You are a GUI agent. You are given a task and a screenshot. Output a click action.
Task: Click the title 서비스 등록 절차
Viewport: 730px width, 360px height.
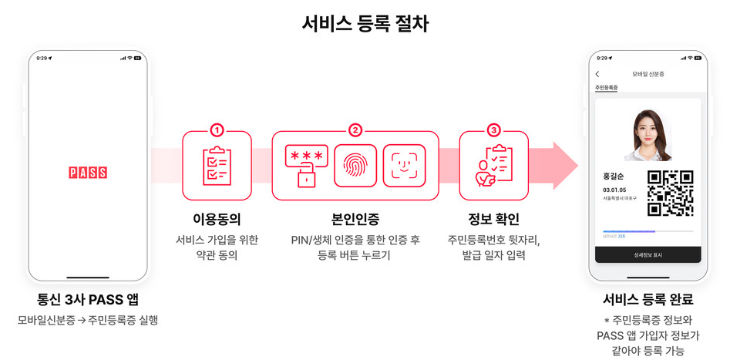coord(365,23)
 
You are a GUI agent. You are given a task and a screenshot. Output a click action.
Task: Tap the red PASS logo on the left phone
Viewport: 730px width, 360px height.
coord(87,173)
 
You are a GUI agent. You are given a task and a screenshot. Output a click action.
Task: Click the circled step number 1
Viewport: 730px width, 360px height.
coord(217,130)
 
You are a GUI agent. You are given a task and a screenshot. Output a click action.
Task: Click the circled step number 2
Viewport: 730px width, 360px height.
coord(355,130)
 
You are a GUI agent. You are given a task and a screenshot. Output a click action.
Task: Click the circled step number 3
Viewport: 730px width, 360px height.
coord(493,130)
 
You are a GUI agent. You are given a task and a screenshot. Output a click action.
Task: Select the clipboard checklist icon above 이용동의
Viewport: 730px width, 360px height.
coord(217,166)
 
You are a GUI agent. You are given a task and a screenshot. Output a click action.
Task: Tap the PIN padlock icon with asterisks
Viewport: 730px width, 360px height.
coord(306,165)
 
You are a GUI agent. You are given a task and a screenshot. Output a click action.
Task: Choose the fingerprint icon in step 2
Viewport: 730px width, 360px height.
coord(355,165)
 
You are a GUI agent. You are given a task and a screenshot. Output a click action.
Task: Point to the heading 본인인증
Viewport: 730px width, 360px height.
coord(355,218)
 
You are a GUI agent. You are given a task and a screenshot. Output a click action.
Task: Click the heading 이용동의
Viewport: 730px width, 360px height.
coord(217,218)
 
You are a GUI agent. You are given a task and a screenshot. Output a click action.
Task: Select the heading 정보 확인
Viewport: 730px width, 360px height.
coord(493,218)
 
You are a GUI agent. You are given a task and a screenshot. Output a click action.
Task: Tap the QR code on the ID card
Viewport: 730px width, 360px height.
coord(669,193)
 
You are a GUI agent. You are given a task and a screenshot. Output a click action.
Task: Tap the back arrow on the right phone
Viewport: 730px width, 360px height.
coord(597,74)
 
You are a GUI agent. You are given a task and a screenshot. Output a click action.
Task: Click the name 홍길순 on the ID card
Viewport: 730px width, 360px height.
coord(614,176)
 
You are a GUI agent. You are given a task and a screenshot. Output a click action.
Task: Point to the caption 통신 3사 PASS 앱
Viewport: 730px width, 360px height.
coord(87,300)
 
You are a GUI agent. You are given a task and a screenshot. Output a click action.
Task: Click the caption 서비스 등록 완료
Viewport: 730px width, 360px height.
coord(648,300)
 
